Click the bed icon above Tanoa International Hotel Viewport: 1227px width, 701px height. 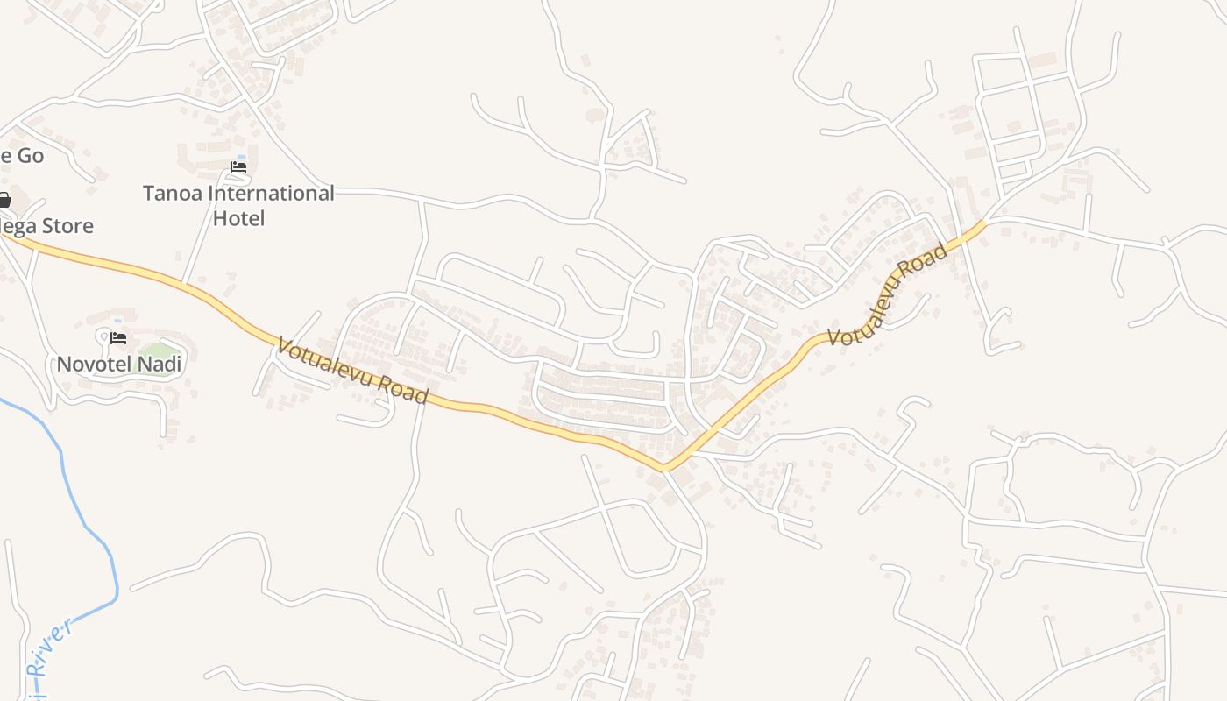(x=238, y=167)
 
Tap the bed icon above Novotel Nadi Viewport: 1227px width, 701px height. (x=118, y=337)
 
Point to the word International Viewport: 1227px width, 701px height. (x=276, y=194)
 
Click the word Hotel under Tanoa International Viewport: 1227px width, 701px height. (x=238, y=218)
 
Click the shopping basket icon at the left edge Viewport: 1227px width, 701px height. (x=4, y=201)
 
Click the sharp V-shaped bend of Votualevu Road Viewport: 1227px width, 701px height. (x=666, y=466)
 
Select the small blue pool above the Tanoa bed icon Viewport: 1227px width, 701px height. (x=241, y=157)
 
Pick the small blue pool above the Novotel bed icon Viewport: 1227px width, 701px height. (x=118, y=321)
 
